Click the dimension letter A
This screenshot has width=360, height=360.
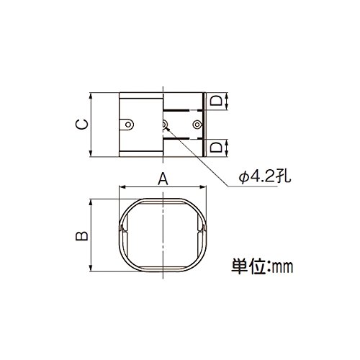[x=163, y=179]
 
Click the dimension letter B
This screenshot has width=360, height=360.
[x=82, y=235]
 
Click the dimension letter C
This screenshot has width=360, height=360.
[x=82, y=125]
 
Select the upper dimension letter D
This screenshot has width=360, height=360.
[x=216, y=101]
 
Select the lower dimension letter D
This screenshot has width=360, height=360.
[x=216, y=148]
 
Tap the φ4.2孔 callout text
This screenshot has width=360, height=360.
[x=265, y=177]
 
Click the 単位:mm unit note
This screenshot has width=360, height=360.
[x=262, y=266]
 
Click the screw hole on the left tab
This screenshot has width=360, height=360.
[x=128, y=125]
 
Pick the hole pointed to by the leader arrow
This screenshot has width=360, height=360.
[x=164, y=125]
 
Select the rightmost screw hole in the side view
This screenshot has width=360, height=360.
[x=197, y=125]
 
